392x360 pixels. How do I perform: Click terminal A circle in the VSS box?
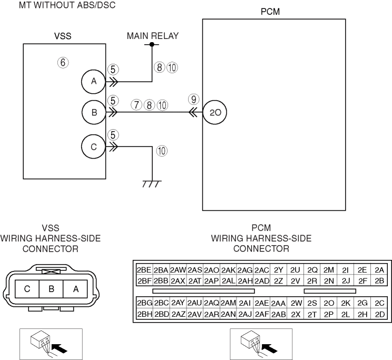pos(94,81)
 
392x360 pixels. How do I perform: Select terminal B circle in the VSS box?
pos(94,112)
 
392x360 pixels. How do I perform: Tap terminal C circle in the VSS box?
pos(94,147)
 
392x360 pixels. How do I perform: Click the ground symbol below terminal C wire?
pos(152,182)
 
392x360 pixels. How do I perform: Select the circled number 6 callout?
pos(63,62)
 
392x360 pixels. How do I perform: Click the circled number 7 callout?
pos(138,105)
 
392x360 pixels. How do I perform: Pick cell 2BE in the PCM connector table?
pos(144,269)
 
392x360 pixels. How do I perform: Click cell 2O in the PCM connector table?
pos(329,304)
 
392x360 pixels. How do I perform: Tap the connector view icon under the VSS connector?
pos(51,344)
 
